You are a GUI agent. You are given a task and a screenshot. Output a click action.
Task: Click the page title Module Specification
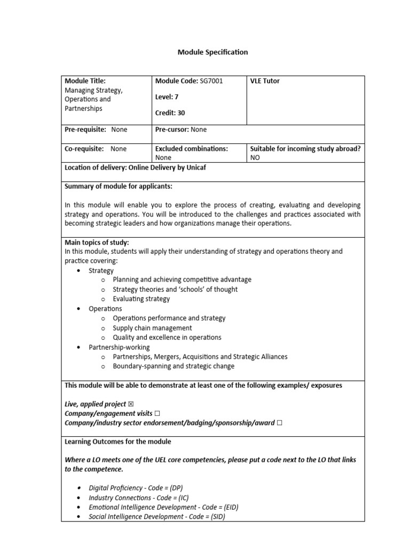pyautogui.click(x=212, y=52)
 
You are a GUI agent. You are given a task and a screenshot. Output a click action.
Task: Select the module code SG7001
pyautogui.click(x=211, y=81)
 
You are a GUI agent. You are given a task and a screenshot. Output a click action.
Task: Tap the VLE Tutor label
pyautogui.click(x=265, y=81)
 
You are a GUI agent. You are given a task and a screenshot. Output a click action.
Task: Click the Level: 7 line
pyautogui.click(x=167, y=97)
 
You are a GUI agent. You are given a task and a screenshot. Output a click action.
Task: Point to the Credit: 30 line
pyautogui.click(x=170, y=113)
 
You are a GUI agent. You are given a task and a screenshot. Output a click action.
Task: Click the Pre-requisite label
pyautogui.click(x=85, y=130)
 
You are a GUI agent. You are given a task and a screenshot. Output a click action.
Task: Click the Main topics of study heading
pyautogui.click(x=97, y=243)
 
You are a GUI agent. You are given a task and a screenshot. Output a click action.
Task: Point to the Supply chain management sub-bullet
pyautogui.click(x=152, y=328)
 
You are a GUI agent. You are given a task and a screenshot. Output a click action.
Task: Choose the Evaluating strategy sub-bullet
pyautogui.click(x=141, y=299)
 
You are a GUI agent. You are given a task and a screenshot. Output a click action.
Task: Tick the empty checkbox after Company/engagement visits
pyautogui.click(x=157, y=414)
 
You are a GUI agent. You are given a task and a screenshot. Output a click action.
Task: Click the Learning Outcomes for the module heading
pyautogui.click(x=117, y=442)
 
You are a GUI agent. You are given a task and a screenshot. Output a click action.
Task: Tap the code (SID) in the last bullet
pyautogui.click(x=216, y=517)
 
